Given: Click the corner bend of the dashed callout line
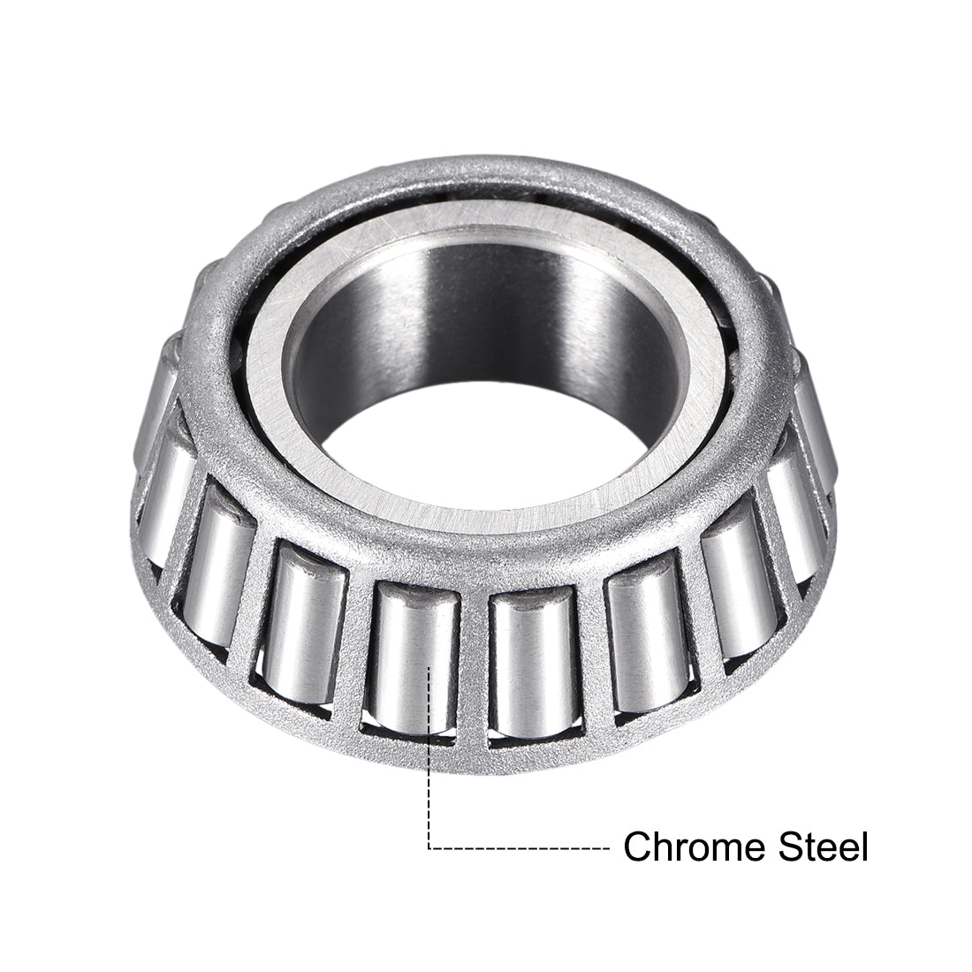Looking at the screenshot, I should [429, 848].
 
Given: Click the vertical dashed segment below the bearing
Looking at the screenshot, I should [429, 778].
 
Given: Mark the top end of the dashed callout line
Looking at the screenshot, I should [429, 669].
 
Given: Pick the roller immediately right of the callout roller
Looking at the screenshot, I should [526, 658].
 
